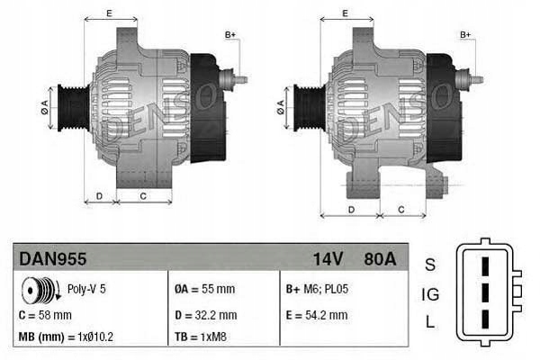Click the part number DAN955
(53, 258)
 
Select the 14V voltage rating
(328, 258)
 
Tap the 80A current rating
(377, 258)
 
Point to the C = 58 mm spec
(45, 315)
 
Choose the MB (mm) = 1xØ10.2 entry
(64, 338)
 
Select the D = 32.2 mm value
(205, 315)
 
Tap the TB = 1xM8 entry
(199, 338)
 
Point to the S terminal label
(430, 265)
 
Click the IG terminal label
(430, 293)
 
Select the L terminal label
(430, 322)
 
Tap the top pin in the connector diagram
(484, 266)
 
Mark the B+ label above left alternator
(229, 35)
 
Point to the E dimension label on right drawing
(346, 13)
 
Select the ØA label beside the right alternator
(281, 104)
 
